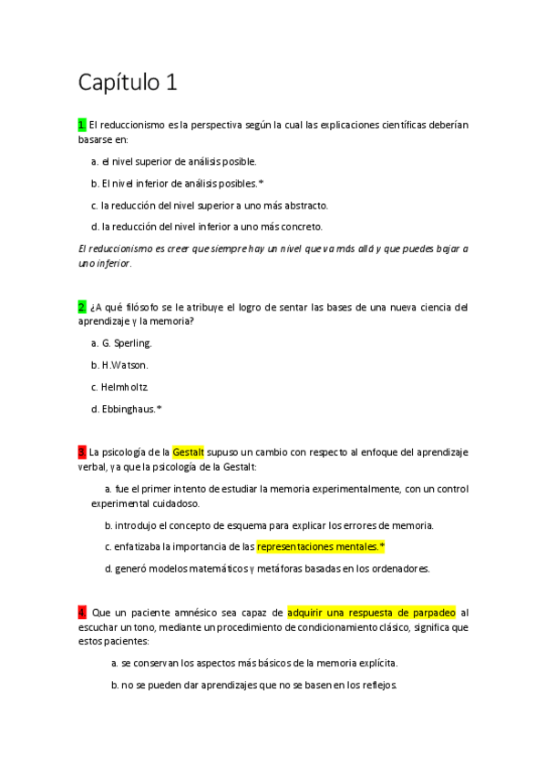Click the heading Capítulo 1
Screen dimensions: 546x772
[127, 83]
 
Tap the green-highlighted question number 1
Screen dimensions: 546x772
[82, 124]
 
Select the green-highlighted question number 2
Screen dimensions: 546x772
[82, 306]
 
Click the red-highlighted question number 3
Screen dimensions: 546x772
[82, 452]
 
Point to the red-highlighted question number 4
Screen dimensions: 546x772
[82, 613]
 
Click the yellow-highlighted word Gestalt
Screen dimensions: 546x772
[188, 452]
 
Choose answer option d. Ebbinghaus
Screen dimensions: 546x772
[127, 409]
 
